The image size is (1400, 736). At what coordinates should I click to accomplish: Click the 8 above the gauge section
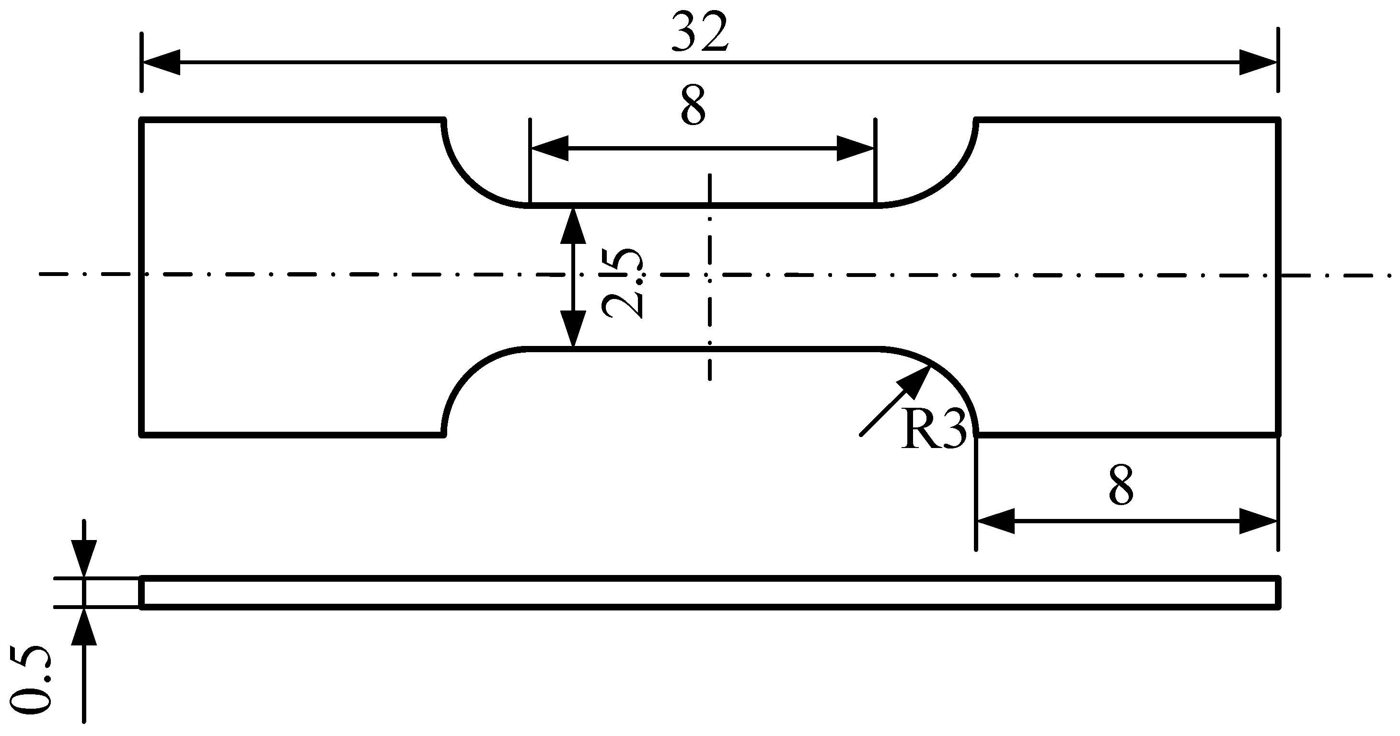pyautogui.click(x=693, y=105)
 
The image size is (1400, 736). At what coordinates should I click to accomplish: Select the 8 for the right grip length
pyautogui.click(x=1121, y=485)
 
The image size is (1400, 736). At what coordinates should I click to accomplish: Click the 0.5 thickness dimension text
pyautogui.click(x=31, y=679)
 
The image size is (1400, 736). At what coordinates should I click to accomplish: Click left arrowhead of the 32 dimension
pyautogui.click(x=161, y=62)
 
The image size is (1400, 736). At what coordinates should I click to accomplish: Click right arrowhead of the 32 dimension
pyautogui.click(x=1258, y=62)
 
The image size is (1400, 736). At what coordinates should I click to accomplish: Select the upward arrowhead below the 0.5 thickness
pyautogui.click(x=84, y=626)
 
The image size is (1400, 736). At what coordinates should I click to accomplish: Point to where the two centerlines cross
pyautogui.click(x=709, y=276)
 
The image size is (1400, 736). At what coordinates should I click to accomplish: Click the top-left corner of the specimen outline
pyautogui.click(x=142, y=120)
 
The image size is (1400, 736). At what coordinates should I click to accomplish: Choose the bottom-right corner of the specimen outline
pyautogui.click(x=1278, y=434)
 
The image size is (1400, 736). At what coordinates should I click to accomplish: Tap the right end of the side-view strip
pyautogui.click(x=1278, y=593)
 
